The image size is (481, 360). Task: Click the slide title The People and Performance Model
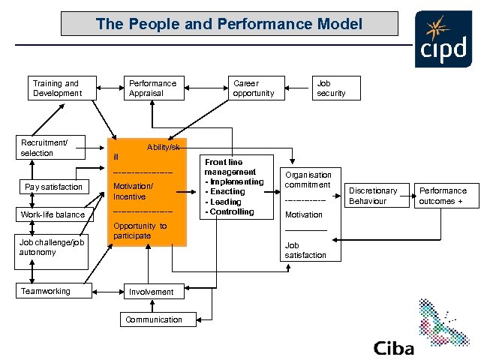[x=229, y=24]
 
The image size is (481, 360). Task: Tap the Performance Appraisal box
[x=153, y=88]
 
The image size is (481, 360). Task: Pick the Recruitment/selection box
[x=52, y=148]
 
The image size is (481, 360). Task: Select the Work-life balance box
[x=53, y=215]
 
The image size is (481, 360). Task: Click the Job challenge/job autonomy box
[x=52, y=247]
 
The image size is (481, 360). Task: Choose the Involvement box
[x=152, y=292]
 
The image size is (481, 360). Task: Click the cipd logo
[x=443, y=41]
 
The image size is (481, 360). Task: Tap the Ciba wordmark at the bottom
[x=394, y=348]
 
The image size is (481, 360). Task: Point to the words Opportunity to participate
[x=140, y=231]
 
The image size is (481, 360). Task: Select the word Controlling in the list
[x=232, y=212]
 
